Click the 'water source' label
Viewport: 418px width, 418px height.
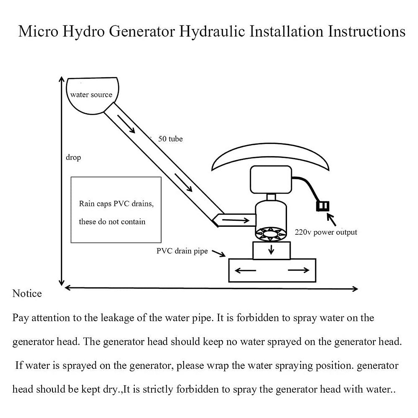point(91,95)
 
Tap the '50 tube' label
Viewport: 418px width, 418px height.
point(170,139)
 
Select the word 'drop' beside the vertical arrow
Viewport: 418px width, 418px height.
point(73,157)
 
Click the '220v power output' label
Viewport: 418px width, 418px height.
point(326,232)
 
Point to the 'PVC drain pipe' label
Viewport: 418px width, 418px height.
point(182,251)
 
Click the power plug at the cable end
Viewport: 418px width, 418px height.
point(323,206)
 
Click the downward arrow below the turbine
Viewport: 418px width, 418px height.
point(271,249)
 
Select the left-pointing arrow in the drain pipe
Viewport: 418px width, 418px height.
point(246,270)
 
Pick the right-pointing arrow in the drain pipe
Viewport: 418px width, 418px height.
point(299,270)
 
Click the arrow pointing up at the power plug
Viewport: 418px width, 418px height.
point(332,220)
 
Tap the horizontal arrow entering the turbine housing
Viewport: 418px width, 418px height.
point(236,220)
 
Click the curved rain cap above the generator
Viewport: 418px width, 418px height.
point(270,157)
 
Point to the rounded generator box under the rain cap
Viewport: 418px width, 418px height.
point(271,180)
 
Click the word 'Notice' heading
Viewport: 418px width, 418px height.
point(27,294)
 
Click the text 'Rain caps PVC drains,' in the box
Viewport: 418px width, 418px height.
point(116,204)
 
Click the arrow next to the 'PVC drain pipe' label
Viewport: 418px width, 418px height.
point(218,253)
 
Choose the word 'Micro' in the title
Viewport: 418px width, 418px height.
point(38,31)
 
